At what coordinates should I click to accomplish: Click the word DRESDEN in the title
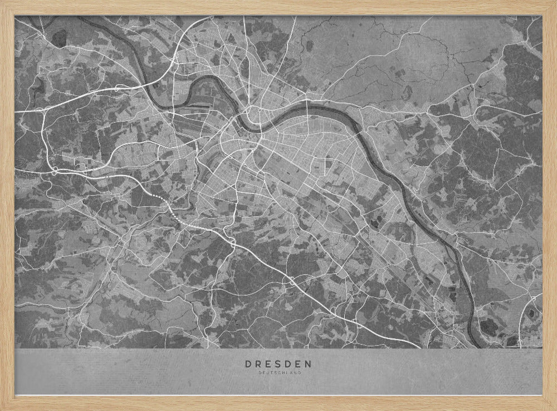(x=278, y=364)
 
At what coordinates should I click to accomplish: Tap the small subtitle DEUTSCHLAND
(x=278, y=373)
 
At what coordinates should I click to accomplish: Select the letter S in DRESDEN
(x=279, y=364)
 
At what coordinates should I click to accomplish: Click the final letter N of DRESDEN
(x=309, y=364)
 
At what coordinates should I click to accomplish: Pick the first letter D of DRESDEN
(x=248, y=364)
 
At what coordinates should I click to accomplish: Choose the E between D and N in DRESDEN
(x=299, y=364)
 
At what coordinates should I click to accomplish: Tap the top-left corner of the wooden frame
(x=2, y=2)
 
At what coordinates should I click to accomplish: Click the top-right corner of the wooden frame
(x=555, y=2)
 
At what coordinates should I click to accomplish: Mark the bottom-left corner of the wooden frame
(x=2, y=409)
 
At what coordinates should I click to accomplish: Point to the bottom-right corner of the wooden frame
(x=555, y=409)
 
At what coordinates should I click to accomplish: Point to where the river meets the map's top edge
(x=84, y=17)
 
